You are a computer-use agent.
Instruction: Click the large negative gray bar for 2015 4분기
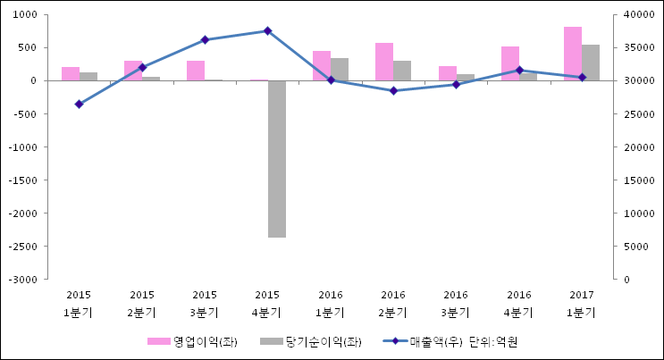276,159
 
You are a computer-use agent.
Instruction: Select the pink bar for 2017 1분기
573,54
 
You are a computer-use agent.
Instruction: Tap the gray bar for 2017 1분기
591,63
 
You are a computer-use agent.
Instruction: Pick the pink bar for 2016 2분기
384,62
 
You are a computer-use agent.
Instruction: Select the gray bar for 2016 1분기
340,70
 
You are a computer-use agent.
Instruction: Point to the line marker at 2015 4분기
267,31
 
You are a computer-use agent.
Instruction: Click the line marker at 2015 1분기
79,105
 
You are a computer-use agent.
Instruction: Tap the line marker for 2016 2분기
393,91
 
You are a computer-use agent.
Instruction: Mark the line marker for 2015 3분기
205,40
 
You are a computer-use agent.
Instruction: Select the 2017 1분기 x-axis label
582,304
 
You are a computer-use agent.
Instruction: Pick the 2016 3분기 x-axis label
456,304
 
